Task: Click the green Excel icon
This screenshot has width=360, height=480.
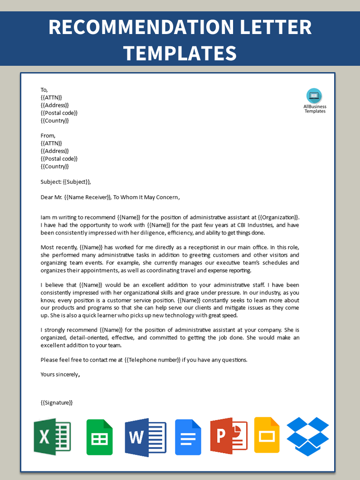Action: tap(52, 436)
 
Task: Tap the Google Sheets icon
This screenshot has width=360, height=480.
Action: tap(99, 437)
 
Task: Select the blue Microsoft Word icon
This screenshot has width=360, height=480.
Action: tap(146, 437)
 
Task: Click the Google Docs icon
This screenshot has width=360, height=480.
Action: tap(188, 437)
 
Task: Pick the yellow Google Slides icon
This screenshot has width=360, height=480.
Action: tap(267, 435)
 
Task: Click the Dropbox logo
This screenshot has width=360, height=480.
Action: tap(308, 436)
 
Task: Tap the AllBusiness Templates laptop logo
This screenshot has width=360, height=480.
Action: tap(314, 96)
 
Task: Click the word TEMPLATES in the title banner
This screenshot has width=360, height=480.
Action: tap(180, 53)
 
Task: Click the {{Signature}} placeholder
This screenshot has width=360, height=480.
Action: tap(57, 402)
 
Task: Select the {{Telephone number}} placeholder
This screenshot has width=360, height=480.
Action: tap(153, 360)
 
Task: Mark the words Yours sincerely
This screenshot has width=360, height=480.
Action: tap(60, 375)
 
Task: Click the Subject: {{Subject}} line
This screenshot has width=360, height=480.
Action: tap(66, 182)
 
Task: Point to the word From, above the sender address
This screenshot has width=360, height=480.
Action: tap(48, 136)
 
